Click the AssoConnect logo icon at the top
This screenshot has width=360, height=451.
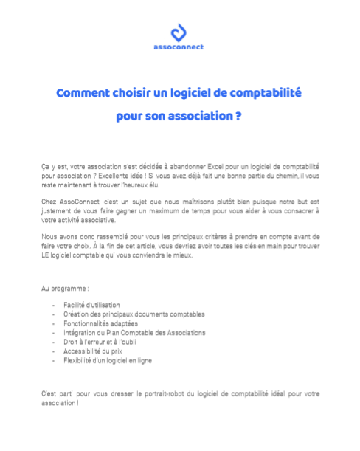pyautogui.click(x=180, y=33)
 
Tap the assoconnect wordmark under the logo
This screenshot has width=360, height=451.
pyautogui.click(x=180, y=47)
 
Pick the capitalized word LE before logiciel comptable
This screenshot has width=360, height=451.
pyautogui.click(x=46, y=255)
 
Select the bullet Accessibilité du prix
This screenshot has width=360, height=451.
pyautogui.click(x=91, y=351)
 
